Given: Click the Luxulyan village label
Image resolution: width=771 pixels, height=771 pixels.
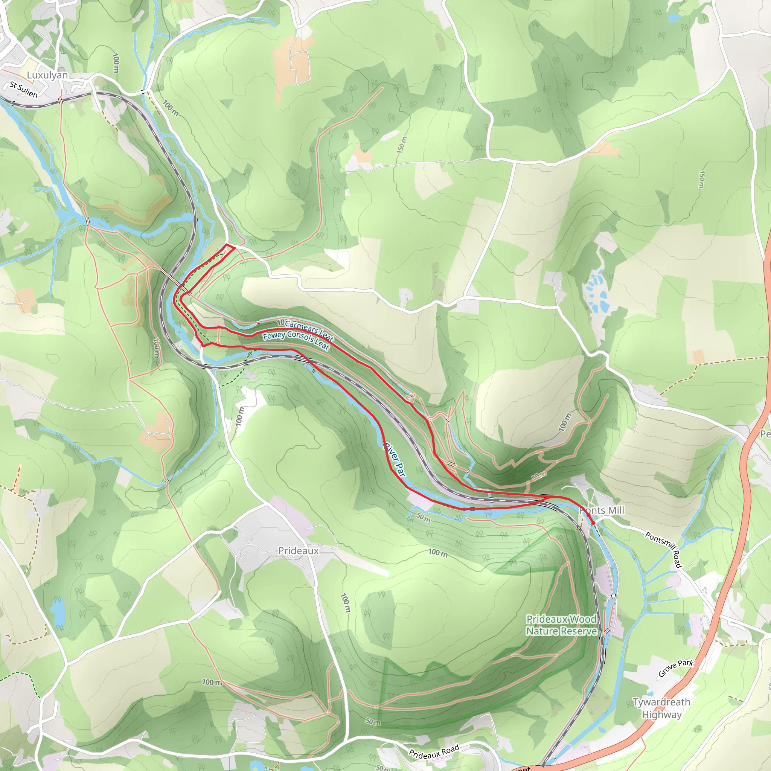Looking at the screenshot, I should pos(47,75).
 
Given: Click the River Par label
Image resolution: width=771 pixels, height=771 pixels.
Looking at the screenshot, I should pos(395,459).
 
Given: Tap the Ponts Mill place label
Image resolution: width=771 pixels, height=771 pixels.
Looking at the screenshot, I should pos(603,510).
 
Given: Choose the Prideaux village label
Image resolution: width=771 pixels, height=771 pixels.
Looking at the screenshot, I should pos(299,551).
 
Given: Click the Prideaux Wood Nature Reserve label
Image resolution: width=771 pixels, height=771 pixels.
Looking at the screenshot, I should pos(561,625).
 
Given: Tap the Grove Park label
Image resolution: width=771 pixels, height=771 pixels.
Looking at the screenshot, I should pos(676,668).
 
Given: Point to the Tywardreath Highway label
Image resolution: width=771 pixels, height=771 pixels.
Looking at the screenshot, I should pos(661,708).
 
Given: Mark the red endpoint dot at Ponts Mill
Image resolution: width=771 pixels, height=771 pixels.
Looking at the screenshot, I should pos(593,523).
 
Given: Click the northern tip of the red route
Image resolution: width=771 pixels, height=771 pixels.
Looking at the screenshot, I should pos(227,244).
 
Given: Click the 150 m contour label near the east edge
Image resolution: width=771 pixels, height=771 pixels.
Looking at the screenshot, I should pos(701,180).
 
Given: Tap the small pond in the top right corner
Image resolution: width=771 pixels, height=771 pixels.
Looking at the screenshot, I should pos(673,18).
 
